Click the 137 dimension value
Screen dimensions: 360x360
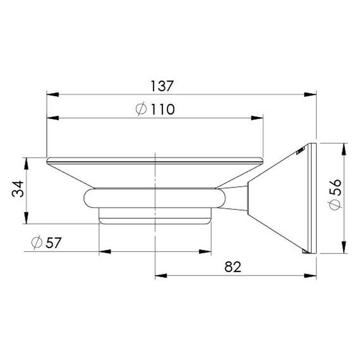click(x=162, y=86)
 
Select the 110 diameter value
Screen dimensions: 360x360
click(x=162, y=109)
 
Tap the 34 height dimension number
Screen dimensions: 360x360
click(x=18, y=189)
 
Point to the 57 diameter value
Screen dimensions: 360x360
click(x=54, y=243)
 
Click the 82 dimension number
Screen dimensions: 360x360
click(x=233, y=267)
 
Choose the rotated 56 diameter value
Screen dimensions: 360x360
click(x=335, y=187)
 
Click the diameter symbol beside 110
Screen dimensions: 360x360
click(x=141, y=108)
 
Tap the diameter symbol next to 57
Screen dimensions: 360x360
click(x=37, y=242)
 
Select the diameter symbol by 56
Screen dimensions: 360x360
click(x=334, y=204)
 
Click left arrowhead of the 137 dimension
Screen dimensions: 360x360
click(x=53, y=94)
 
